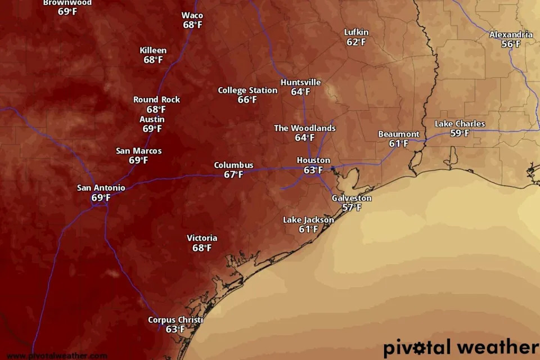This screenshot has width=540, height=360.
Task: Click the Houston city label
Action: pyautogui.click(x=313, y=160)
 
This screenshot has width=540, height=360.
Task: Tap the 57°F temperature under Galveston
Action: pyautogui.click(x=352, y=208)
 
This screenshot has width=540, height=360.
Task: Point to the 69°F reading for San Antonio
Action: pyautogui.click(x=101, y=197)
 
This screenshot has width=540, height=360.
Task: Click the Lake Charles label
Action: pyautogui.click(x=460, y=124)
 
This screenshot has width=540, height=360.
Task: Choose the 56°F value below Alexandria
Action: pyautogui.click(x=511, y=44)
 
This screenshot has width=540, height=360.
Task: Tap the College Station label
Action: pyautogui.click(x=247, y=90)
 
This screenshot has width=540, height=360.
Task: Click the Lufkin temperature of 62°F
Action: pyautogui.click(x=356, y=42)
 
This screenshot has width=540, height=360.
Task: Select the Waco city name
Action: pyautogui.click(x=192, y=15)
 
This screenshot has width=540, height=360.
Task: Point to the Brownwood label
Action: pyautogui.click(x=67, y=3)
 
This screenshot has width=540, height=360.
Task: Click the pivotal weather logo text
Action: pyautogui.click(x=461, y=347)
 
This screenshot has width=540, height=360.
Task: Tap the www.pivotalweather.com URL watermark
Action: pyautogui.click(x=57, y=355)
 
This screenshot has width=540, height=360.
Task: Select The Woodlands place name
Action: pyautogui.click(x=304, y=128)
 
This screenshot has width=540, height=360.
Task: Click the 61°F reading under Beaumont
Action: pyautogui.click(x=398, y=143)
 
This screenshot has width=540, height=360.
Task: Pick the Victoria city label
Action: pyautogui.click(x=202, y=238)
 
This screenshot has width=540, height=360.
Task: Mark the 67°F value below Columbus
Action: pyautogui.click(x=233, y=175)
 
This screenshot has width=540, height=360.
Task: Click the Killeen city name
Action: pyautogui.click(x=153, y=51)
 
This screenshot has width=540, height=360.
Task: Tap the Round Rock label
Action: pyautogui.click(x=156, y=100)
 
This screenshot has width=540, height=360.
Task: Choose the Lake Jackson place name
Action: pyautogui.click(x=308, y=220)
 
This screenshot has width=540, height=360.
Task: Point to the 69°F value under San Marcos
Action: pyautogui.click(x=138, y=160)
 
